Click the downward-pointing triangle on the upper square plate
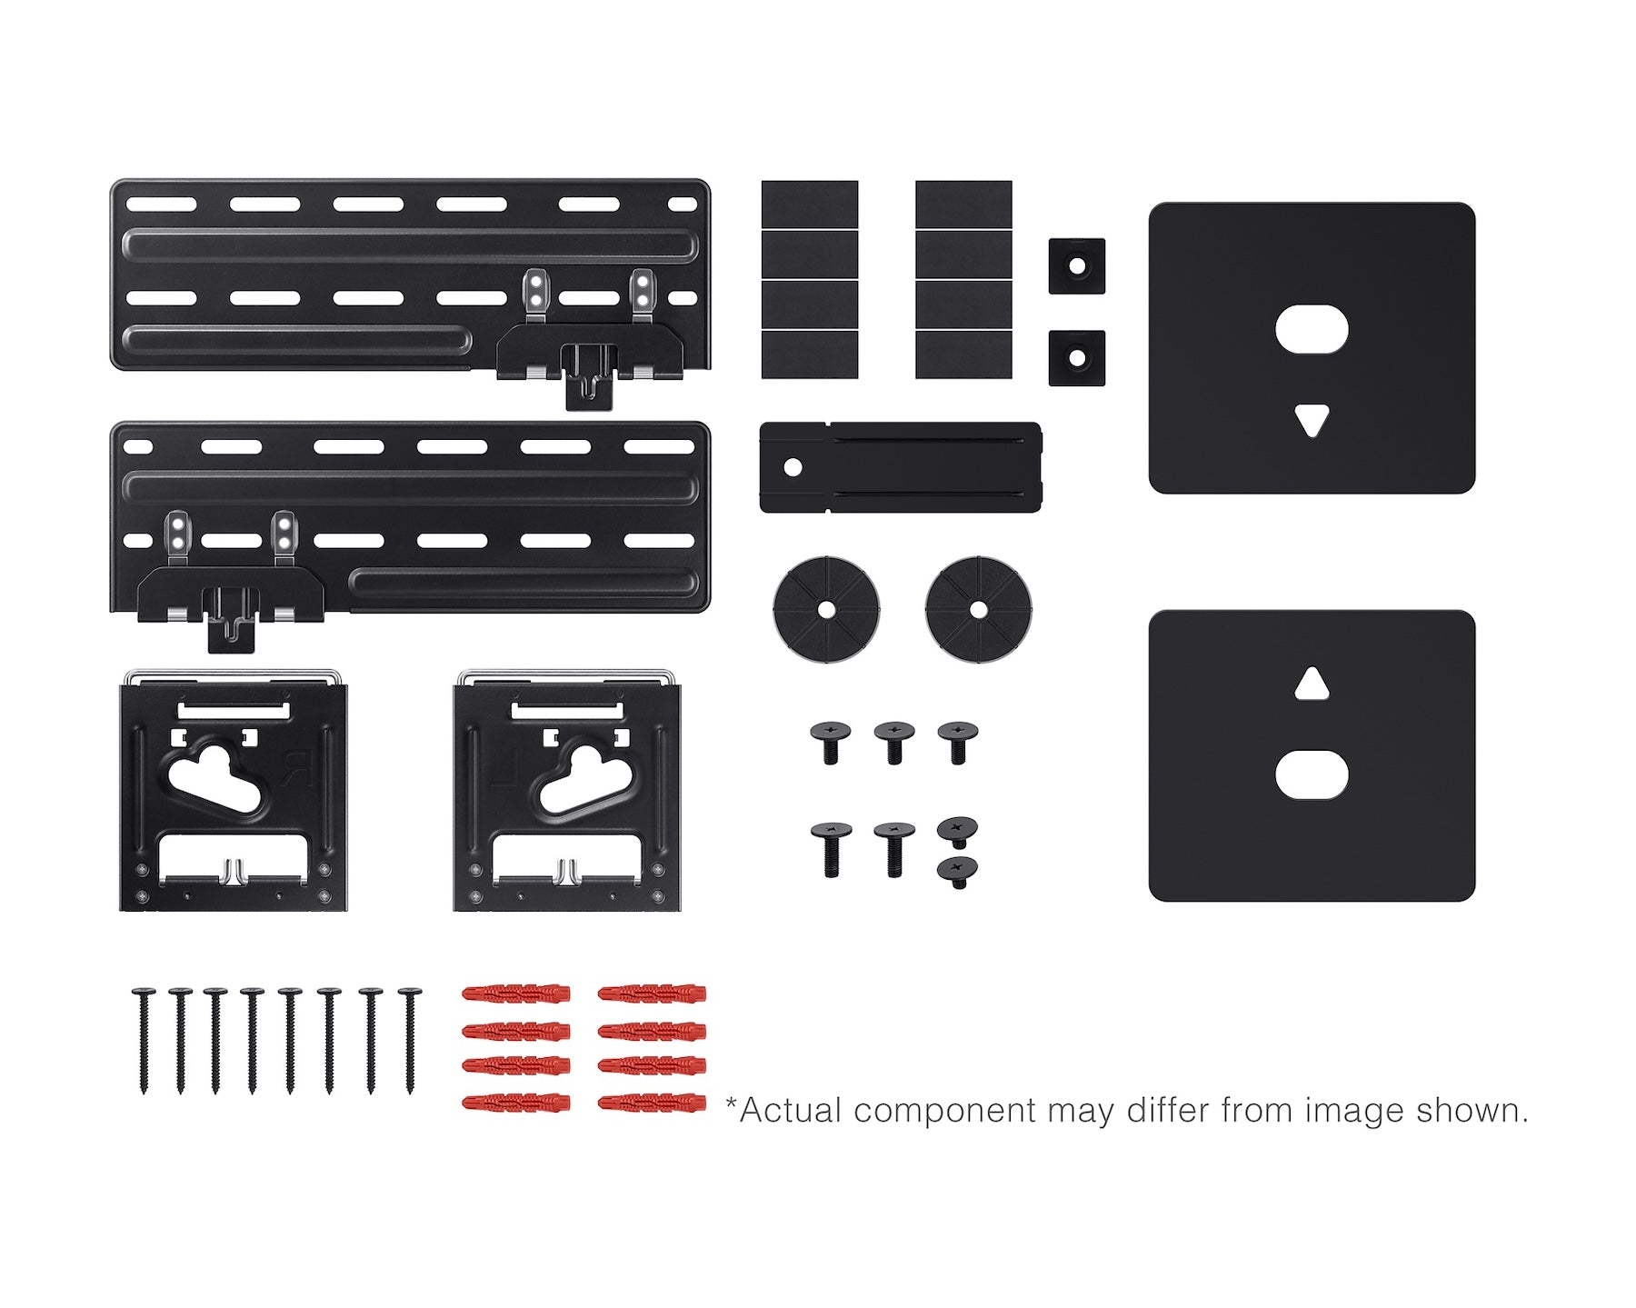click(1312, 421)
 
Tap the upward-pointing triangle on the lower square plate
click(1312, 684)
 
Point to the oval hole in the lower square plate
click(1312, 774)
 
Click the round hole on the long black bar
click(793, 467)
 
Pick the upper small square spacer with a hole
click(1077, 266)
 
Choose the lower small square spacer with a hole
click(1077, 358)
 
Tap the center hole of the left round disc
click(827, 608)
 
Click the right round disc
click(979, 608)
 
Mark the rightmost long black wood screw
click(410, 1040)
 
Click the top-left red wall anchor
click(516, 993)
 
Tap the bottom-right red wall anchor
click(653, 1103)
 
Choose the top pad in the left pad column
click(810, 205)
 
